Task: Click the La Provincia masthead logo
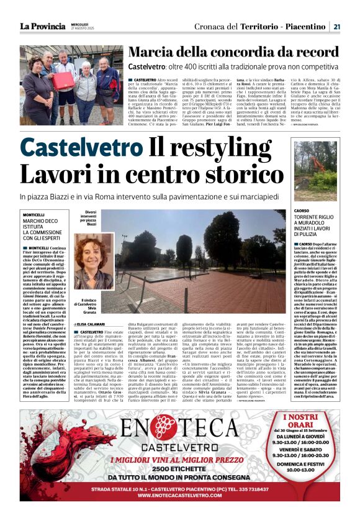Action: pyautogui.click(x=42, y=26)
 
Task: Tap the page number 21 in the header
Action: pyautogui.click(x=336, y=26)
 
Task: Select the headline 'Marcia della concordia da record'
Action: pyautogui.click(x=233, y=53)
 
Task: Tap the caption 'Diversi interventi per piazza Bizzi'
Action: pyautogui.click(x=88, y=218)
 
